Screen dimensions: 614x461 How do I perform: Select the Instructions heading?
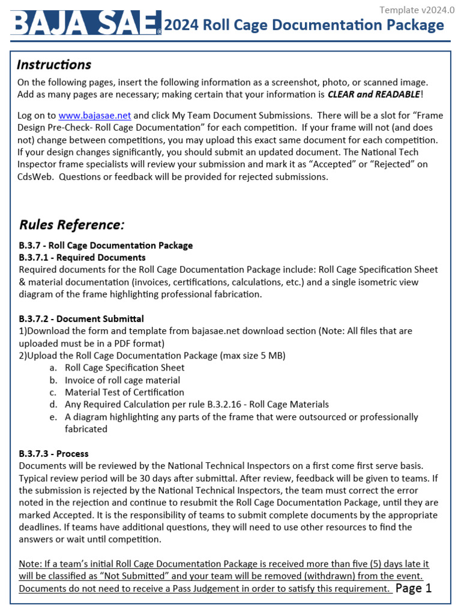click(x=54, y=65)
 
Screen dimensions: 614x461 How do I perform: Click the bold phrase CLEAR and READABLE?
click(x=373, y=94)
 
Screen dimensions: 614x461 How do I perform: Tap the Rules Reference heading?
click(x=72, y=225)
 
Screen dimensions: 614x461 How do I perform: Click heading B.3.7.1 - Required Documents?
click(x=82, y=257)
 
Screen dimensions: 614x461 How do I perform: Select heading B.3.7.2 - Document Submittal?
click(x=82, y=318)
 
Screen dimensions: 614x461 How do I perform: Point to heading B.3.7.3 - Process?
click(x=54, y=453)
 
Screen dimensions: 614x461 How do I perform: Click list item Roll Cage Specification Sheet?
click(x=125, y=368)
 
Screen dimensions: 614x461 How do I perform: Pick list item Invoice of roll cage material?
click(x=122, y=380)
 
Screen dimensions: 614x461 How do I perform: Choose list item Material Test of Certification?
click(x=125, y=392)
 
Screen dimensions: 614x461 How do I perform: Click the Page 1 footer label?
click(x=414, y=588)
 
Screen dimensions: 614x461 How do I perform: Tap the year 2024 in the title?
click(x=182, y=25)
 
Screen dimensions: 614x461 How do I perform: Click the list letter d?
click(x=53, y=405)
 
